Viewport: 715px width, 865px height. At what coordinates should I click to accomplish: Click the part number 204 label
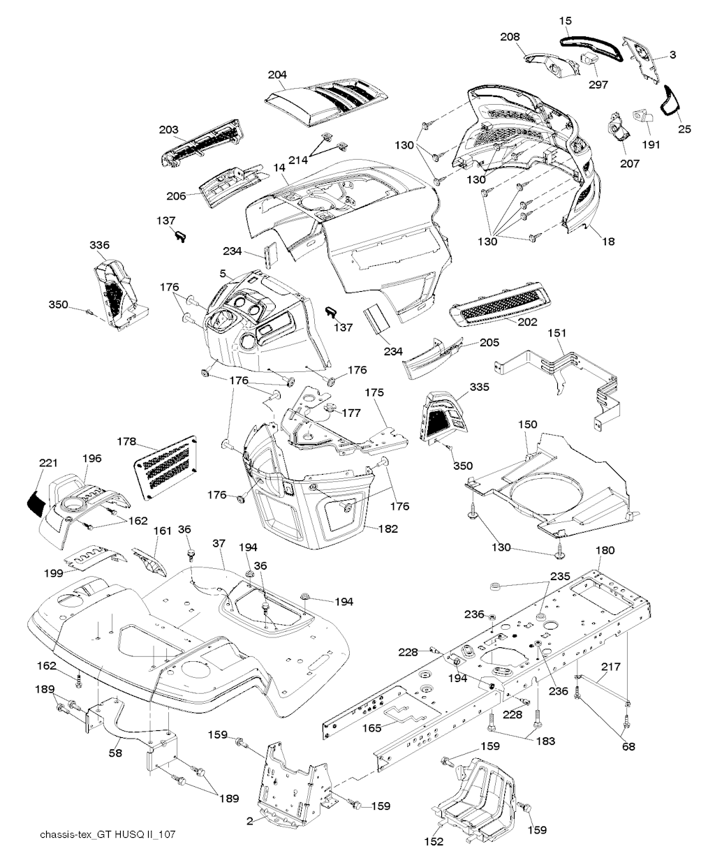click(277, 75)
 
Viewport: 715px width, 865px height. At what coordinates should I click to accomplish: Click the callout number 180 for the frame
click(605, 550)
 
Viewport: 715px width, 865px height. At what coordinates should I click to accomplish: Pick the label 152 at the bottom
click(434, 841)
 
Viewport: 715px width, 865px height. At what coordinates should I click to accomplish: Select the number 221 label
click(48, 463)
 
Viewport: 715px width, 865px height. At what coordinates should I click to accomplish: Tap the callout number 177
click(351, 413)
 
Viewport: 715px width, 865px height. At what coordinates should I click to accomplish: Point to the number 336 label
click(100, 245)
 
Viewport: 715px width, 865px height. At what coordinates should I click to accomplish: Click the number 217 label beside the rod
click(610, 667)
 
